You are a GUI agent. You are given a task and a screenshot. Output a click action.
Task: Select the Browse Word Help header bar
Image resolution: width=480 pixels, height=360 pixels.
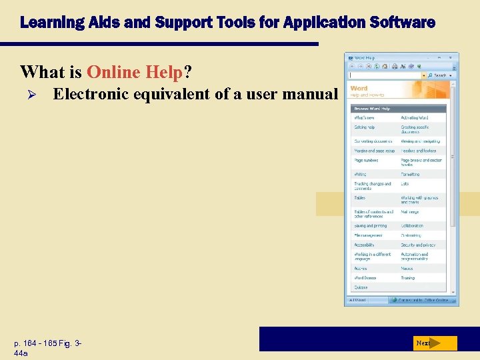[398, 108]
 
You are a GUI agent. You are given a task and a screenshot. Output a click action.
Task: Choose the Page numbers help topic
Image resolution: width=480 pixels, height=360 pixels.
[366, 161]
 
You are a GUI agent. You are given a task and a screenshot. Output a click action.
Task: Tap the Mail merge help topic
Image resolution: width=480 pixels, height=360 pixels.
[410, 212]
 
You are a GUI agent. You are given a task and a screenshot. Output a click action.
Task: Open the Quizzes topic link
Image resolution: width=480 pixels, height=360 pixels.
[361, 287]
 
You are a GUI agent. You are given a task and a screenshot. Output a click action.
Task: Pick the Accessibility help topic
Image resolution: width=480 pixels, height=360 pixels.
[365, 245]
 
